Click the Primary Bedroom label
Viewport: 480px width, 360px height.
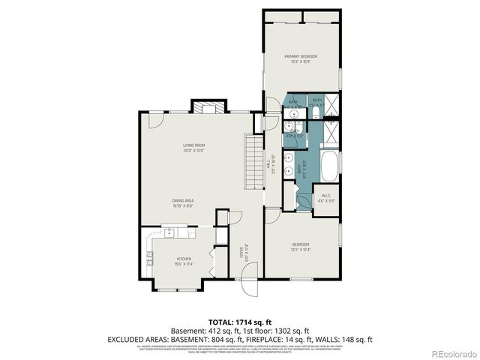point(301,58)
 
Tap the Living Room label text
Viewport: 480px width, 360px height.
point(193,146)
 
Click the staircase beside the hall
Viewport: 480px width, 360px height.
point(254,160)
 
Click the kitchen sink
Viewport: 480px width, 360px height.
point(170,233)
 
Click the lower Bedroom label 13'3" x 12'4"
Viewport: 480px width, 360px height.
point(300,247)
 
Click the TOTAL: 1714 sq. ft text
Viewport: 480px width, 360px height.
point(240,320)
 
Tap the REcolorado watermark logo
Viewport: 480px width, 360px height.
point(450,352)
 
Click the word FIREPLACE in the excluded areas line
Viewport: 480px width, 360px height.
point(261,339)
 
